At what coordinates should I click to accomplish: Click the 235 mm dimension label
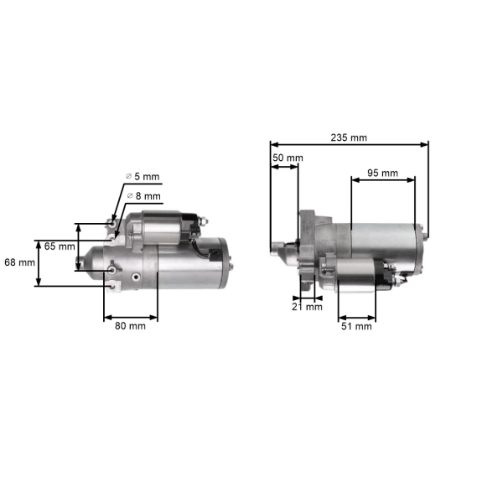pos(349,137)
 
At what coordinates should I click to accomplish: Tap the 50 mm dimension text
pos(288,158)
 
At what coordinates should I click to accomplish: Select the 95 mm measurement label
pos(383,173)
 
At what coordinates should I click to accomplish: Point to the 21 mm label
pos(308,307)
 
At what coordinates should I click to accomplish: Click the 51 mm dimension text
pos(356,327)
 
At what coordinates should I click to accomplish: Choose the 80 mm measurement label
pos(130,327)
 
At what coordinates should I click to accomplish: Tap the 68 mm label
pos(20,262)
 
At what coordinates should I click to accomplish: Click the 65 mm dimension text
pos(60,246)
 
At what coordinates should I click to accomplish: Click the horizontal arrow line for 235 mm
pos(349,144)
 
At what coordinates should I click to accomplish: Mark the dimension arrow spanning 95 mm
pos(383,179)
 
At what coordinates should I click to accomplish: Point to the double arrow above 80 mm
pos(130,318)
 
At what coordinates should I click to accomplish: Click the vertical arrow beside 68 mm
pos(38,262)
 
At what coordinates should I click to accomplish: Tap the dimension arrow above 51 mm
pos(357,319)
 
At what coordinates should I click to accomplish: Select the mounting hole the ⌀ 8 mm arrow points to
pos(116,236)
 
